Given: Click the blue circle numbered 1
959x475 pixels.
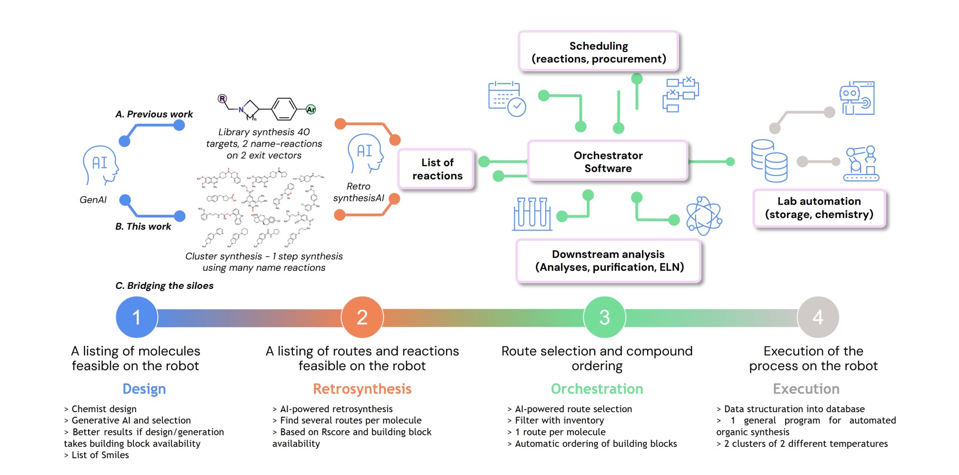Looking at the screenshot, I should [137, 317].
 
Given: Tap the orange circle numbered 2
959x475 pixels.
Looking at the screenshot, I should [362, 317].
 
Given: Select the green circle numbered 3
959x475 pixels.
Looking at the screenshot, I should [604, 317].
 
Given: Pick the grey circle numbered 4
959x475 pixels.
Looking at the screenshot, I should [818, 317].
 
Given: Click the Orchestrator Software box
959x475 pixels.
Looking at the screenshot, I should [608, 162].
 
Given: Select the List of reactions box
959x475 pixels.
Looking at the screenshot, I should [437, 169].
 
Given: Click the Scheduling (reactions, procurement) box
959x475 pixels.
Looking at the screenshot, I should [599, 52].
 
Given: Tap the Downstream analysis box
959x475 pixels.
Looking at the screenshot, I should [609, 261].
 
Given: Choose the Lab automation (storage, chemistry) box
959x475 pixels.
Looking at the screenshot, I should [819, 208].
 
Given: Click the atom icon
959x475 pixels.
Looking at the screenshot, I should [704, 216].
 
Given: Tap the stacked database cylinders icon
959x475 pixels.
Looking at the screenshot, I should [769, 161].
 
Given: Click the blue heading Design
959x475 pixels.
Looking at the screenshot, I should [144, 389].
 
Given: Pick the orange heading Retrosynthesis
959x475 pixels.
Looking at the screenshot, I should [362, 389].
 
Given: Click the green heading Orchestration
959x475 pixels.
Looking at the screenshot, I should [597, 389].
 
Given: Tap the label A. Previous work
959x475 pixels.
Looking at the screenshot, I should [154, 114].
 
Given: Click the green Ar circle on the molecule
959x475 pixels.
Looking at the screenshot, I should [310, 109].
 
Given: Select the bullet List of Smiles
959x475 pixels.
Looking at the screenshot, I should [100, 455].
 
